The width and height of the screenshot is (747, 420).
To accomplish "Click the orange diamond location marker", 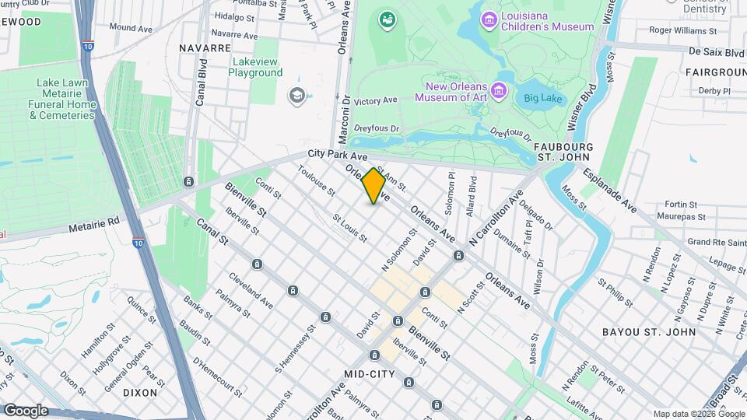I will [373, 186].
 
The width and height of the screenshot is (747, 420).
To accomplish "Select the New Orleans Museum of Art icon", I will [500, 92].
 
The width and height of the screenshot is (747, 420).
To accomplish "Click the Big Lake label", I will [542, 98].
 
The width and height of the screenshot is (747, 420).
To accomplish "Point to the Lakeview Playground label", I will [255, 67].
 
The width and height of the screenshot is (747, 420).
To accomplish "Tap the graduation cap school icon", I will [296, 96].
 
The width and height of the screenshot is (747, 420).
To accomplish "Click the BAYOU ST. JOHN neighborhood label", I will [649, 332].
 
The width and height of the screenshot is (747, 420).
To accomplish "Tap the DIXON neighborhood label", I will [140, 393].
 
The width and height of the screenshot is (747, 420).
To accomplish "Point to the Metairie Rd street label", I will [93, 221].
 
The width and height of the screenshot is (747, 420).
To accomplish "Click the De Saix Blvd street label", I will [716, 52].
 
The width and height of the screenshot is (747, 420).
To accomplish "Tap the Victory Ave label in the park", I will [375, 101].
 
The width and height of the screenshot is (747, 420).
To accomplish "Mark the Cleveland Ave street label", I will [251, 289].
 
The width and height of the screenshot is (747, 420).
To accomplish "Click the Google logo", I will [26, 410].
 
